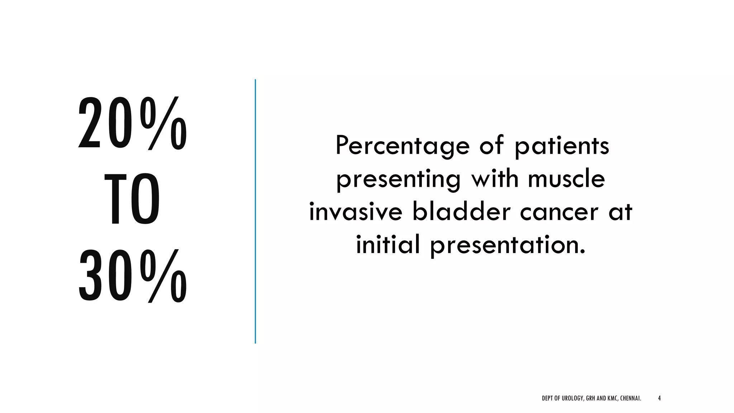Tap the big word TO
point(132,199)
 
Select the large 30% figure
point(132,276)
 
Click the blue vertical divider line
point(255,212)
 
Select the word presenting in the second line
point(398,179)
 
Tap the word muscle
point(566,178)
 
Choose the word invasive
point(356,212)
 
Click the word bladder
point(461,212)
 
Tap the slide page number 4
point(659,398)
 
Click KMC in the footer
point(612,398)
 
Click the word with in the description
point(495,178)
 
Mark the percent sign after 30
point(163,276)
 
